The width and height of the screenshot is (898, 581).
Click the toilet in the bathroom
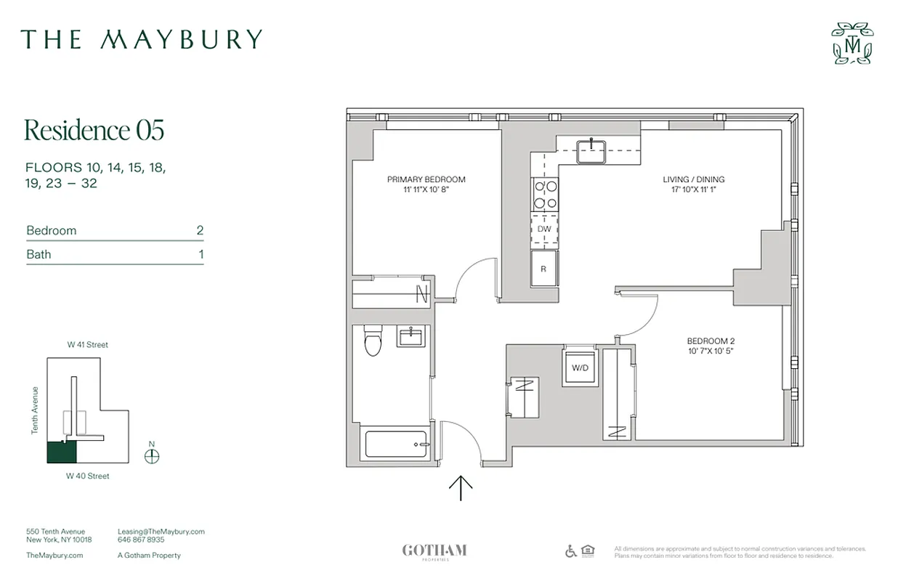point(373,341)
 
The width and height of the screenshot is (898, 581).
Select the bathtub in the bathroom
point(397,444)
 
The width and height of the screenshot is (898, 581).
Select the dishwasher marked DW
point(544,229)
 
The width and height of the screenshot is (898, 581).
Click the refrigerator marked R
point(543,268)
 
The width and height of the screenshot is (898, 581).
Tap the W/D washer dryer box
point(581,368)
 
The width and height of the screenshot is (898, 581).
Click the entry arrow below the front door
point(461,487)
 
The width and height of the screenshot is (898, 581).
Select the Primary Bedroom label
point(426,184)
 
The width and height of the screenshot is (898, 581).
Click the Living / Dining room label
point(693,184)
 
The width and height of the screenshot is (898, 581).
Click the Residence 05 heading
point(94,130)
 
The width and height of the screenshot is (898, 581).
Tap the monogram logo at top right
point(852,44)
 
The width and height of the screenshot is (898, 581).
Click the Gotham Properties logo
point(434,551)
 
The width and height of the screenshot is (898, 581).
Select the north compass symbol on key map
point(152,456)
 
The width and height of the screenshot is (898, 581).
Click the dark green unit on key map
point(62,452)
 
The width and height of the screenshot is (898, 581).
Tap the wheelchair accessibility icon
point(570,551)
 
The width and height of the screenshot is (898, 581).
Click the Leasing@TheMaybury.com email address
point(161,532)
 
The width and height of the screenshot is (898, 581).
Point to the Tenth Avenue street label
point(34,410)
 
